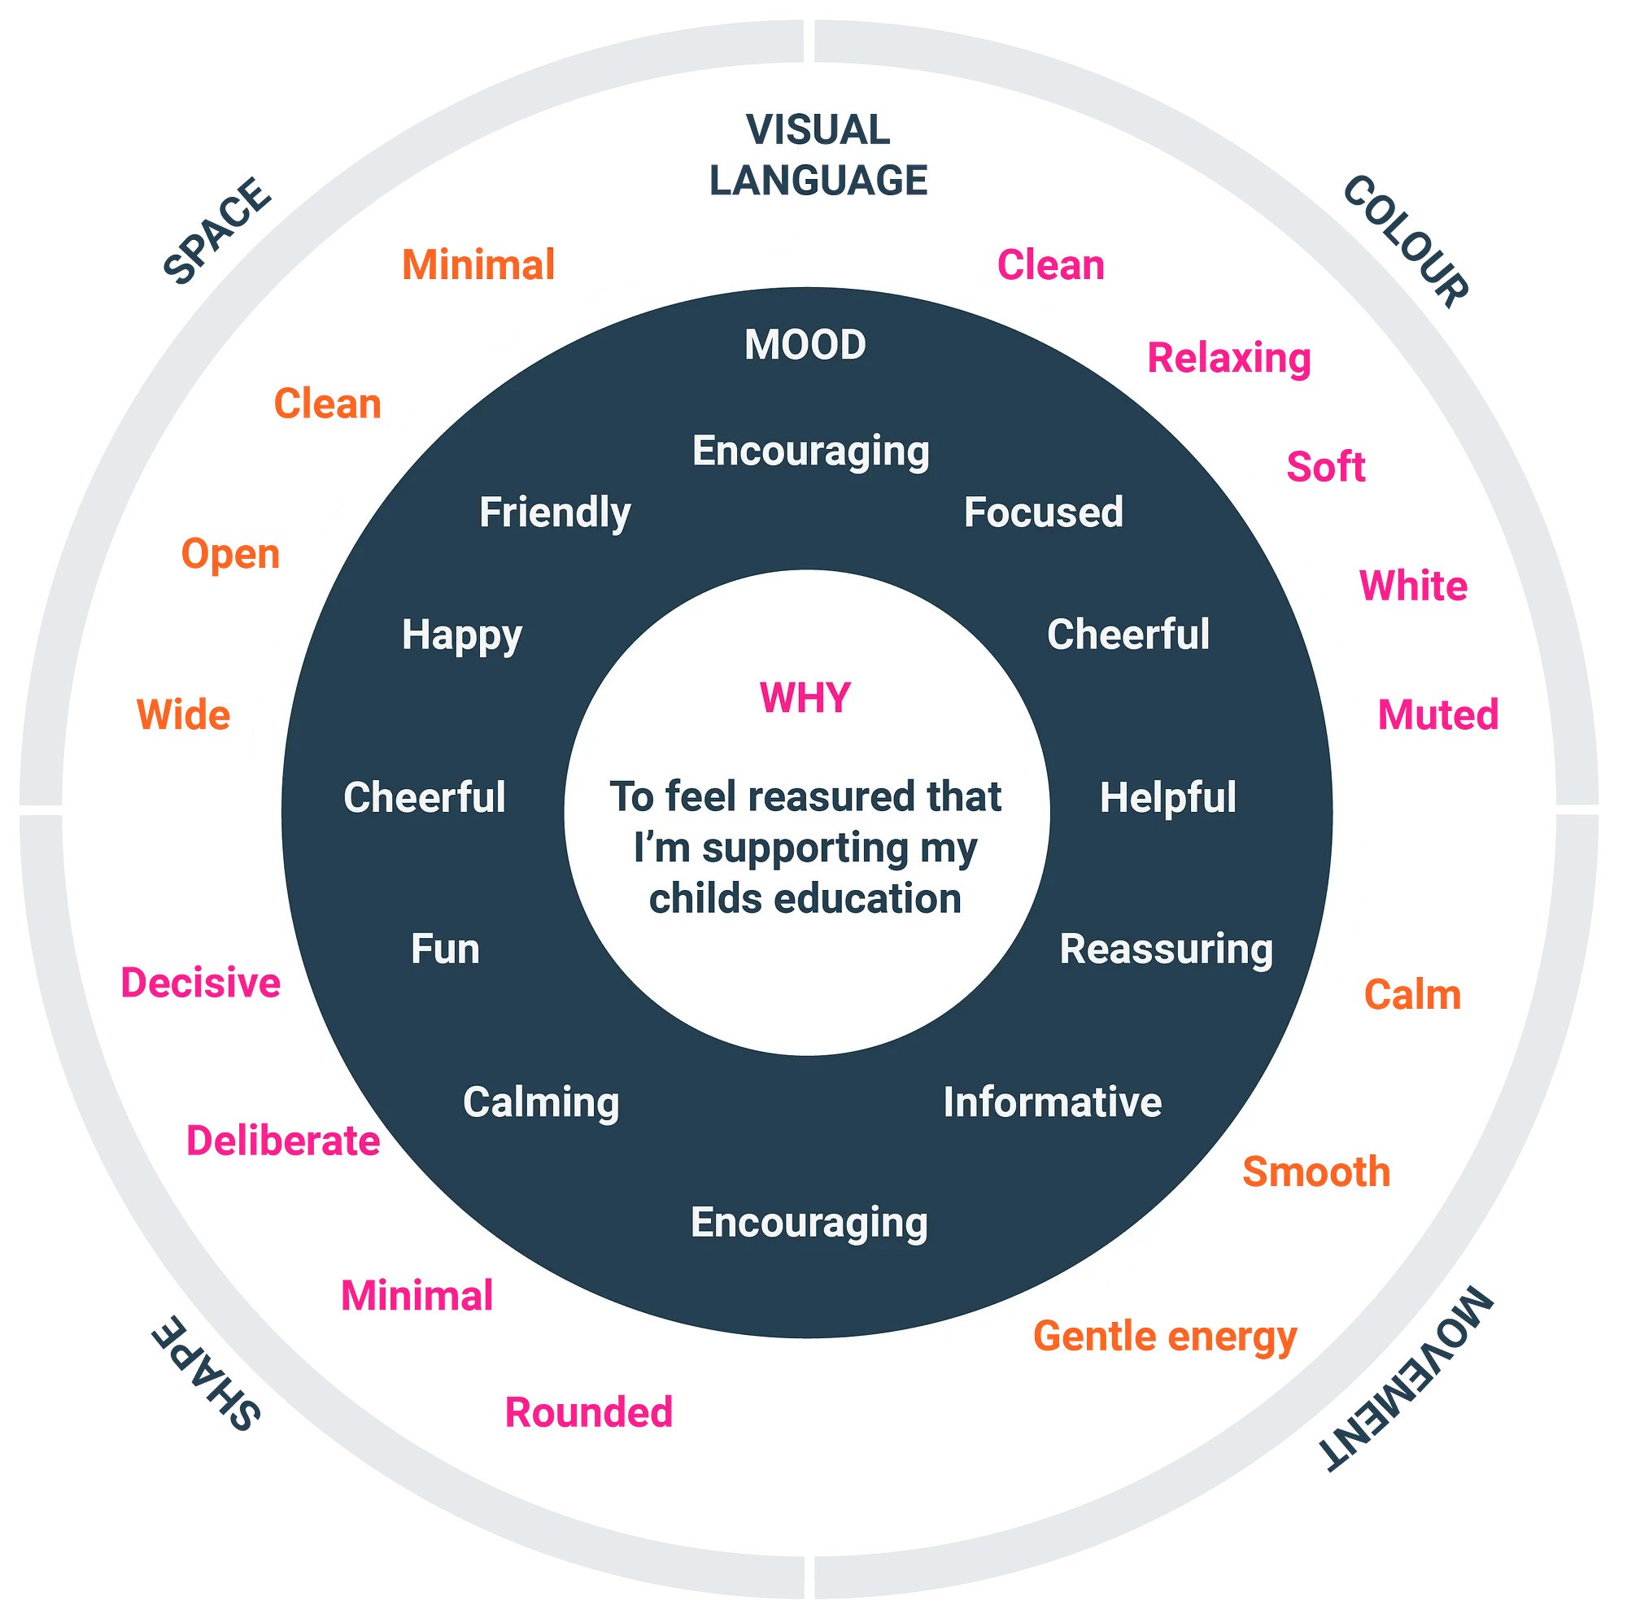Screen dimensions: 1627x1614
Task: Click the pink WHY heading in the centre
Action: click(805, 698)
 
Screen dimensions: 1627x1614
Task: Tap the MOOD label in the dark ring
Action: click(805, 345)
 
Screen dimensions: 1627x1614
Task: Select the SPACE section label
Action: click(217, 231)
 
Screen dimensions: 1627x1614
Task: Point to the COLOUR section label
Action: click(1406, 242)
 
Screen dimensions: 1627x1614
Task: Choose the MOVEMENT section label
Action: click(1407, 1379)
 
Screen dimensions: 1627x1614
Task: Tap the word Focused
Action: click(1044, 513)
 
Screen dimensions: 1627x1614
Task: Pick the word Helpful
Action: click(1168, 797)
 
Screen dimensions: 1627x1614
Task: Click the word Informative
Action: click(1053, 1102)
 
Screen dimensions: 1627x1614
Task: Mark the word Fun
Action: click(445, 949)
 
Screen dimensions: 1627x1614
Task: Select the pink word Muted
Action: click(1438, 715)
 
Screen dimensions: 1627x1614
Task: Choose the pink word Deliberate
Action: click(283, 1141)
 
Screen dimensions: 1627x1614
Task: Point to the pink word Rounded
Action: click(589, 1412)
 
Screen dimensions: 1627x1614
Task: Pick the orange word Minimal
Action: click(478, 265)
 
